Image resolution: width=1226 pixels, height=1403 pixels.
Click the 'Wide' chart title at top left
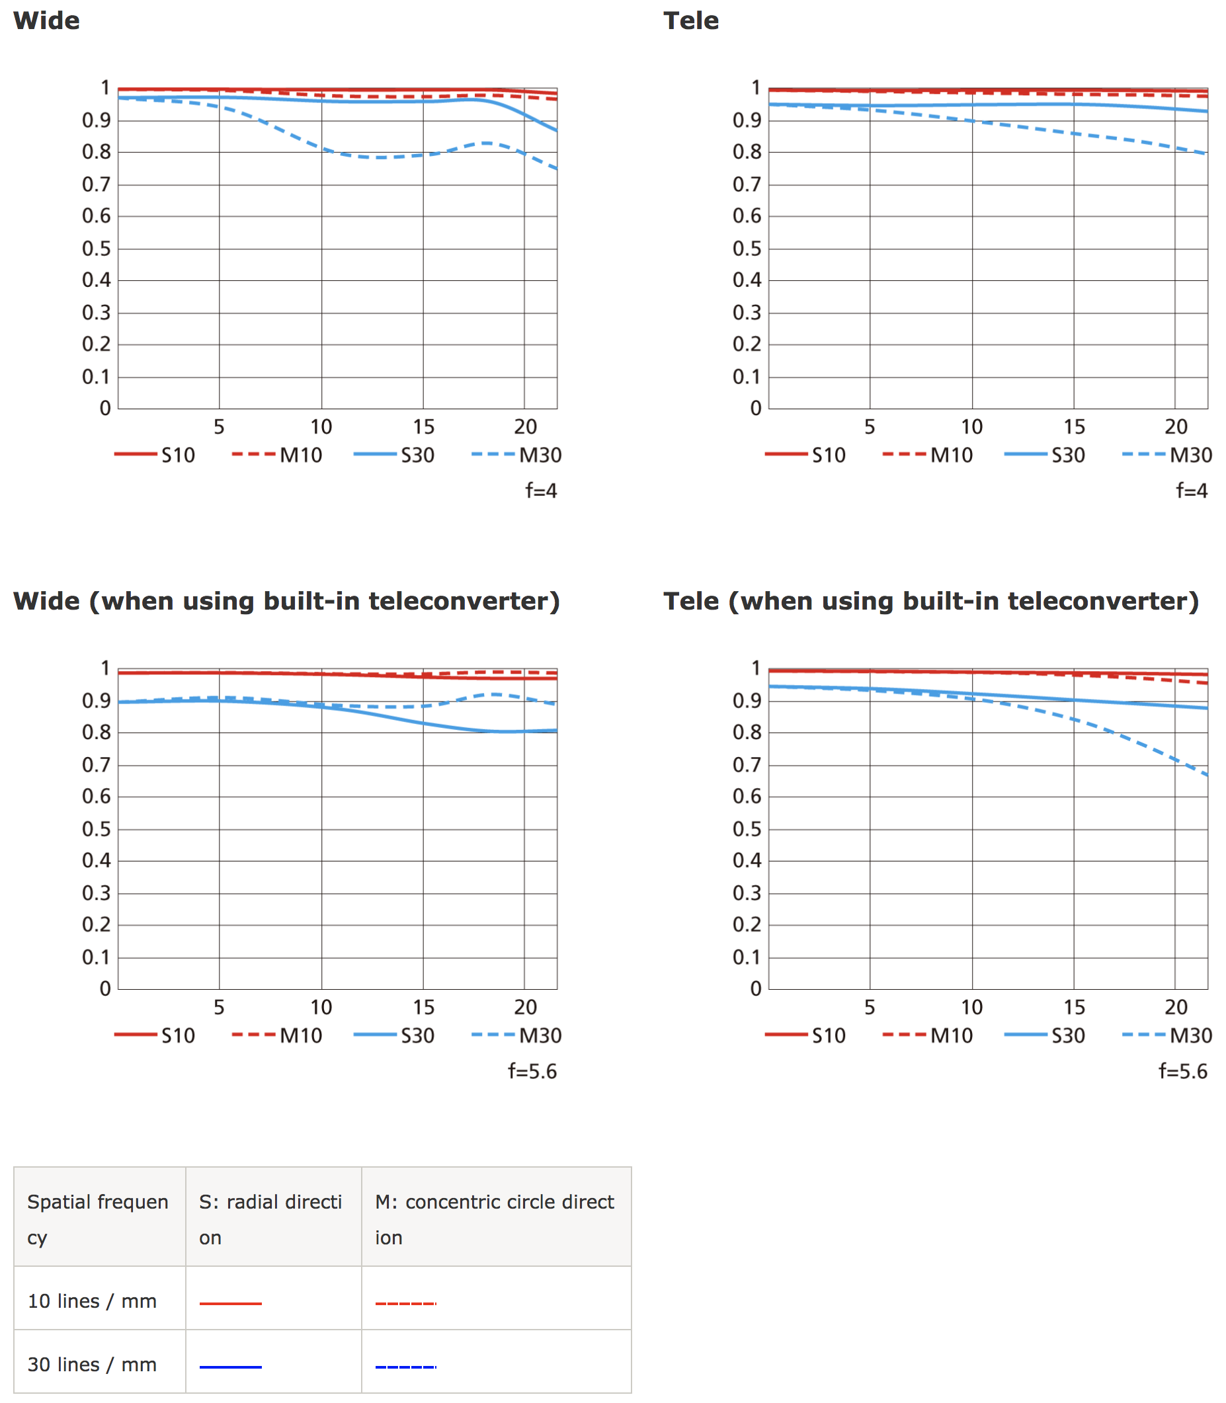pos(46,21)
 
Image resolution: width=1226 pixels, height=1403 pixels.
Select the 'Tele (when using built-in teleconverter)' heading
pos(930,601)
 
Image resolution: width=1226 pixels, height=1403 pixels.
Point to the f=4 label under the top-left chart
pos(540,491)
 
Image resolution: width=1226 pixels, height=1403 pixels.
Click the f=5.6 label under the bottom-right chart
pos(1182,1071)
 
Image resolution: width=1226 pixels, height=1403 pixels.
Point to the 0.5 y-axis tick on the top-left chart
pos(97,249)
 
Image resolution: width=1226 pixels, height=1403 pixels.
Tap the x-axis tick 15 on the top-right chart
pos(1074,427)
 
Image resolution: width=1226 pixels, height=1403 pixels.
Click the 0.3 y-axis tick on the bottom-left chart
pos(97,893)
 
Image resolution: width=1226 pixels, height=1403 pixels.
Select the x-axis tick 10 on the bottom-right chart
pos(971,1007)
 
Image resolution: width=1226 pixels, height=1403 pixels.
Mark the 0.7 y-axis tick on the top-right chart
pos(747,184)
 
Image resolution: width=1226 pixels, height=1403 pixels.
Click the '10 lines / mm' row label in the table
pos(93,1301)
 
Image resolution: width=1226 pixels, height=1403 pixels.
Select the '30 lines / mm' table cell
pos(93,1365)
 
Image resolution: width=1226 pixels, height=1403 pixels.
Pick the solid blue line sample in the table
pos(231,1367)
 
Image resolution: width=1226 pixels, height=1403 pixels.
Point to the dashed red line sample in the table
pos(406,1303)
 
